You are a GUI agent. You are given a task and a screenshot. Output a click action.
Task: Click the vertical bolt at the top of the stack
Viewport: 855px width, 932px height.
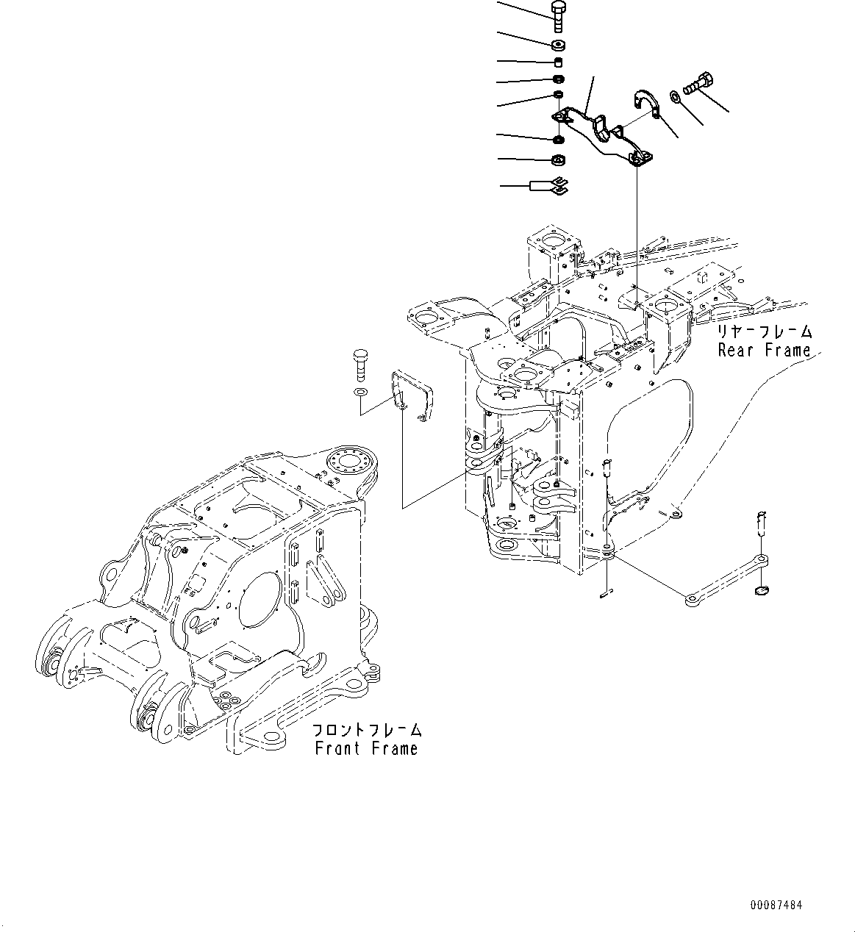pos(557,15)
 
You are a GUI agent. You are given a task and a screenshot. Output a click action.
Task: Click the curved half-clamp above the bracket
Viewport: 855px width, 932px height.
pos(647,104)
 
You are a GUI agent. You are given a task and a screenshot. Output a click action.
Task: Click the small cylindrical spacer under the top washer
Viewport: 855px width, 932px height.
pos(558,62)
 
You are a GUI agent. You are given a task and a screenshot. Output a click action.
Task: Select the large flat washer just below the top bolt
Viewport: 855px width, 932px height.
pos(557,45)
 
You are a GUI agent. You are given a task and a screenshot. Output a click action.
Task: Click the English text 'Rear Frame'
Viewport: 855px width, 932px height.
pos(764,351)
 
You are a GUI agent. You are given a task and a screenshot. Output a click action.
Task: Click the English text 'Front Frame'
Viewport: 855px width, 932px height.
pos(366,748)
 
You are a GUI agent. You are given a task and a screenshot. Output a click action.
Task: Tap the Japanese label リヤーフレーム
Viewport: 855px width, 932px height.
pos(764,331)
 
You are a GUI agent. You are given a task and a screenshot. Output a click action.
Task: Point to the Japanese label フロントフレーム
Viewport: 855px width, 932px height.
pos(366,730)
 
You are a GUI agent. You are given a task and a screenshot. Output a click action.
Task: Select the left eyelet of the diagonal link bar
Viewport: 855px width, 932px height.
pos(692,600)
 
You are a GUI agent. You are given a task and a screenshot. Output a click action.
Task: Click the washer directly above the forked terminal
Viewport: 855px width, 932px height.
pos(558,160)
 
